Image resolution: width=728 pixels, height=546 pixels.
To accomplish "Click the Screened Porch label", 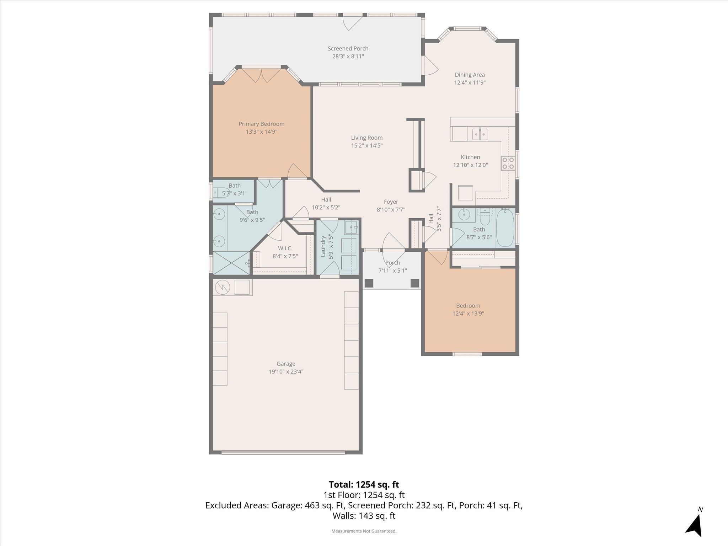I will (348, 49).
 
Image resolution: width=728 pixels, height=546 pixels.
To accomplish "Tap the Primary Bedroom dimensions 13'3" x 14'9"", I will (261, 132).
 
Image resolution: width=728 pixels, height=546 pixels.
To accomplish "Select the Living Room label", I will (366, 138).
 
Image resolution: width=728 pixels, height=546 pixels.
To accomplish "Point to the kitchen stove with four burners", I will (508, 164).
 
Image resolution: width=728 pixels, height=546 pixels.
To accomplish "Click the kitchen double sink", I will (480, 134).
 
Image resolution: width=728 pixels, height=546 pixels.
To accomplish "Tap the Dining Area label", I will (470, 75).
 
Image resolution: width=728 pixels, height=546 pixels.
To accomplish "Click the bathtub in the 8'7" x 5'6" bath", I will (505, 228).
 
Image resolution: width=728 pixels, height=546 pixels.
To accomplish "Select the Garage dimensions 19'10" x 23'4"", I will (286, 372).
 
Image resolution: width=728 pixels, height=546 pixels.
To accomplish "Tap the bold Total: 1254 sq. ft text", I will (364, 485).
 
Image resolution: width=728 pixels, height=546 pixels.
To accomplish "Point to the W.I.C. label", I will (285, 248).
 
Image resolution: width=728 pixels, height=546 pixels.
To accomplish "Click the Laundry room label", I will (323, 246).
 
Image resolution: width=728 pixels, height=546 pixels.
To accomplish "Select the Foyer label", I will (391, 202).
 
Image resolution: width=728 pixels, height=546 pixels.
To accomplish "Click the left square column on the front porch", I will (369, 283).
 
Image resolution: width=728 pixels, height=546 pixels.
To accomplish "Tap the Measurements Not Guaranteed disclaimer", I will (364, 531).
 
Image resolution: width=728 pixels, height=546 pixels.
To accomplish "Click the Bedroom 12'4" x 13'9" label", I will (468, 306).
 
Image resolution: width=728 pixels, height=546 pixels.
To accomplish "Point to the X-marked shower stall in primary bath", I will (231, 263).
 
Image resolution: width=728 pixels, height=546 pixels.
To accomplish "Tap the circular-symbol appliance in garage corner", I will (222, 287).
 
